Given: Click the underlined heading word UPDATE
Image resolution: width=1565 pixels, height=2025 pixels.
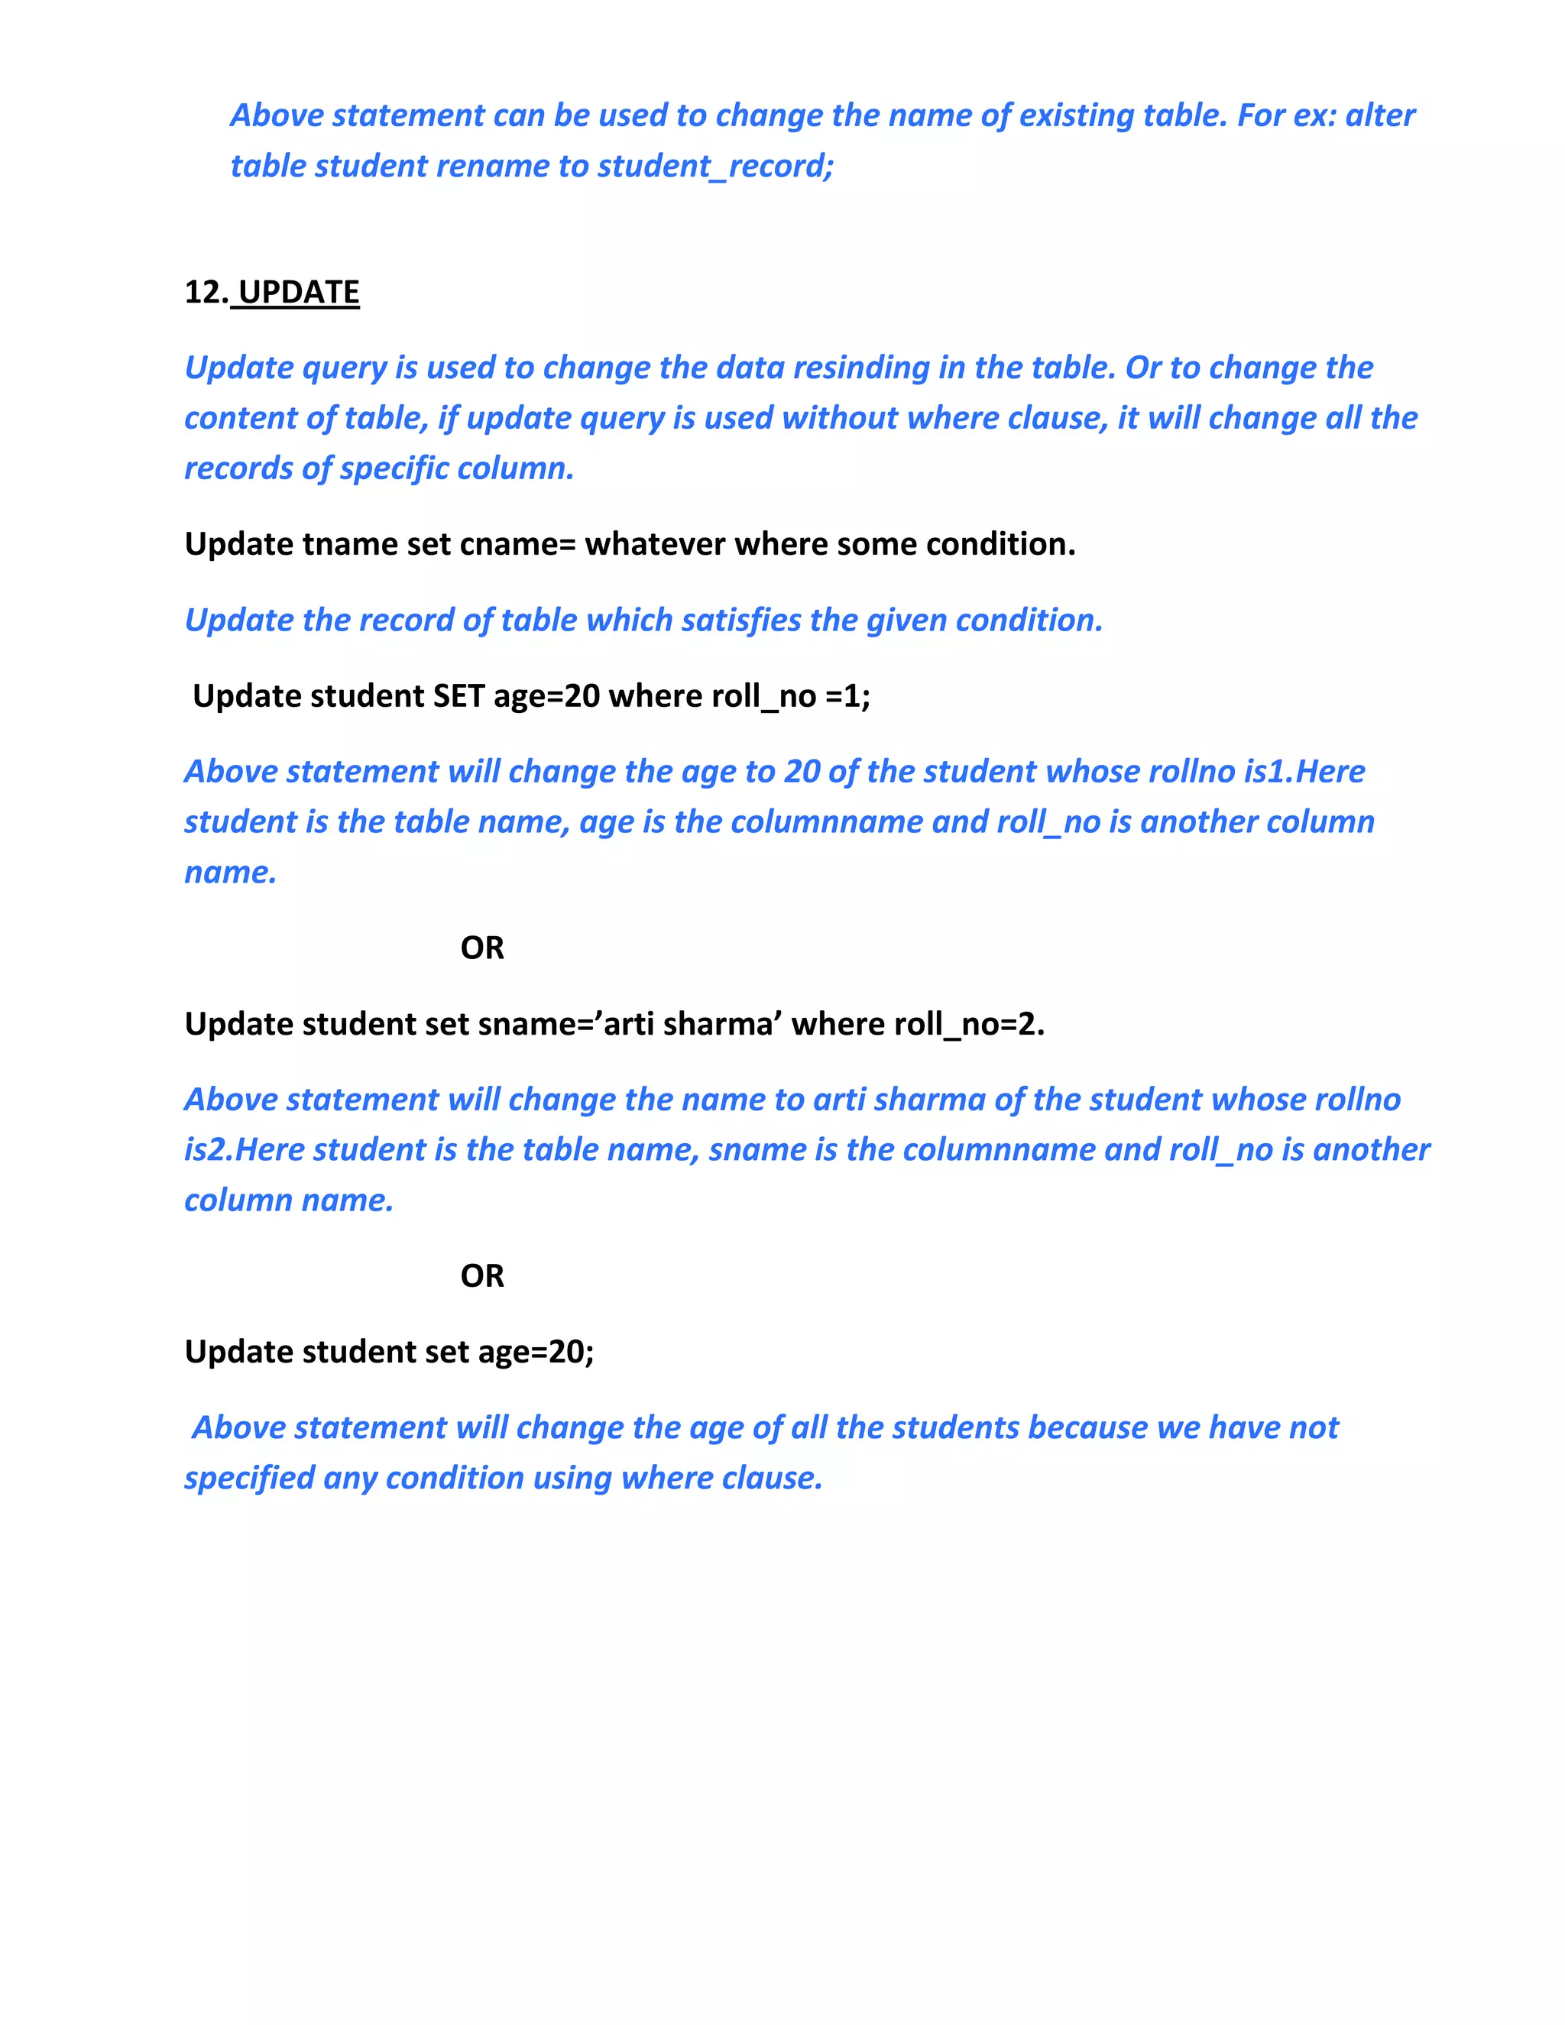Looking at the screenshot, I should pos(299,292).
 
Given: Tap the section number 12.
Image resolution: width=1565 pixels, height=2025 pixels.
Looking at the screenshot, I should pos(205,292).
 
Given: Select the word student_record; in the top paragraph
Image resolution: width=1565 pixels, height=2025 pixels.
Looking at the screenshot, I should pos(716,166).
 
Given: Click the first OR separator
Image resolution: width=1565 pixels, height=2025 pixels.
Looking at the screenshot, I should pos(482,948).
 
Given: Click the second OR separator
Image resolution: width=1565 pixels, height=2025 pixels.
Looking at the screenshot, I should pos(482,1276).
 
